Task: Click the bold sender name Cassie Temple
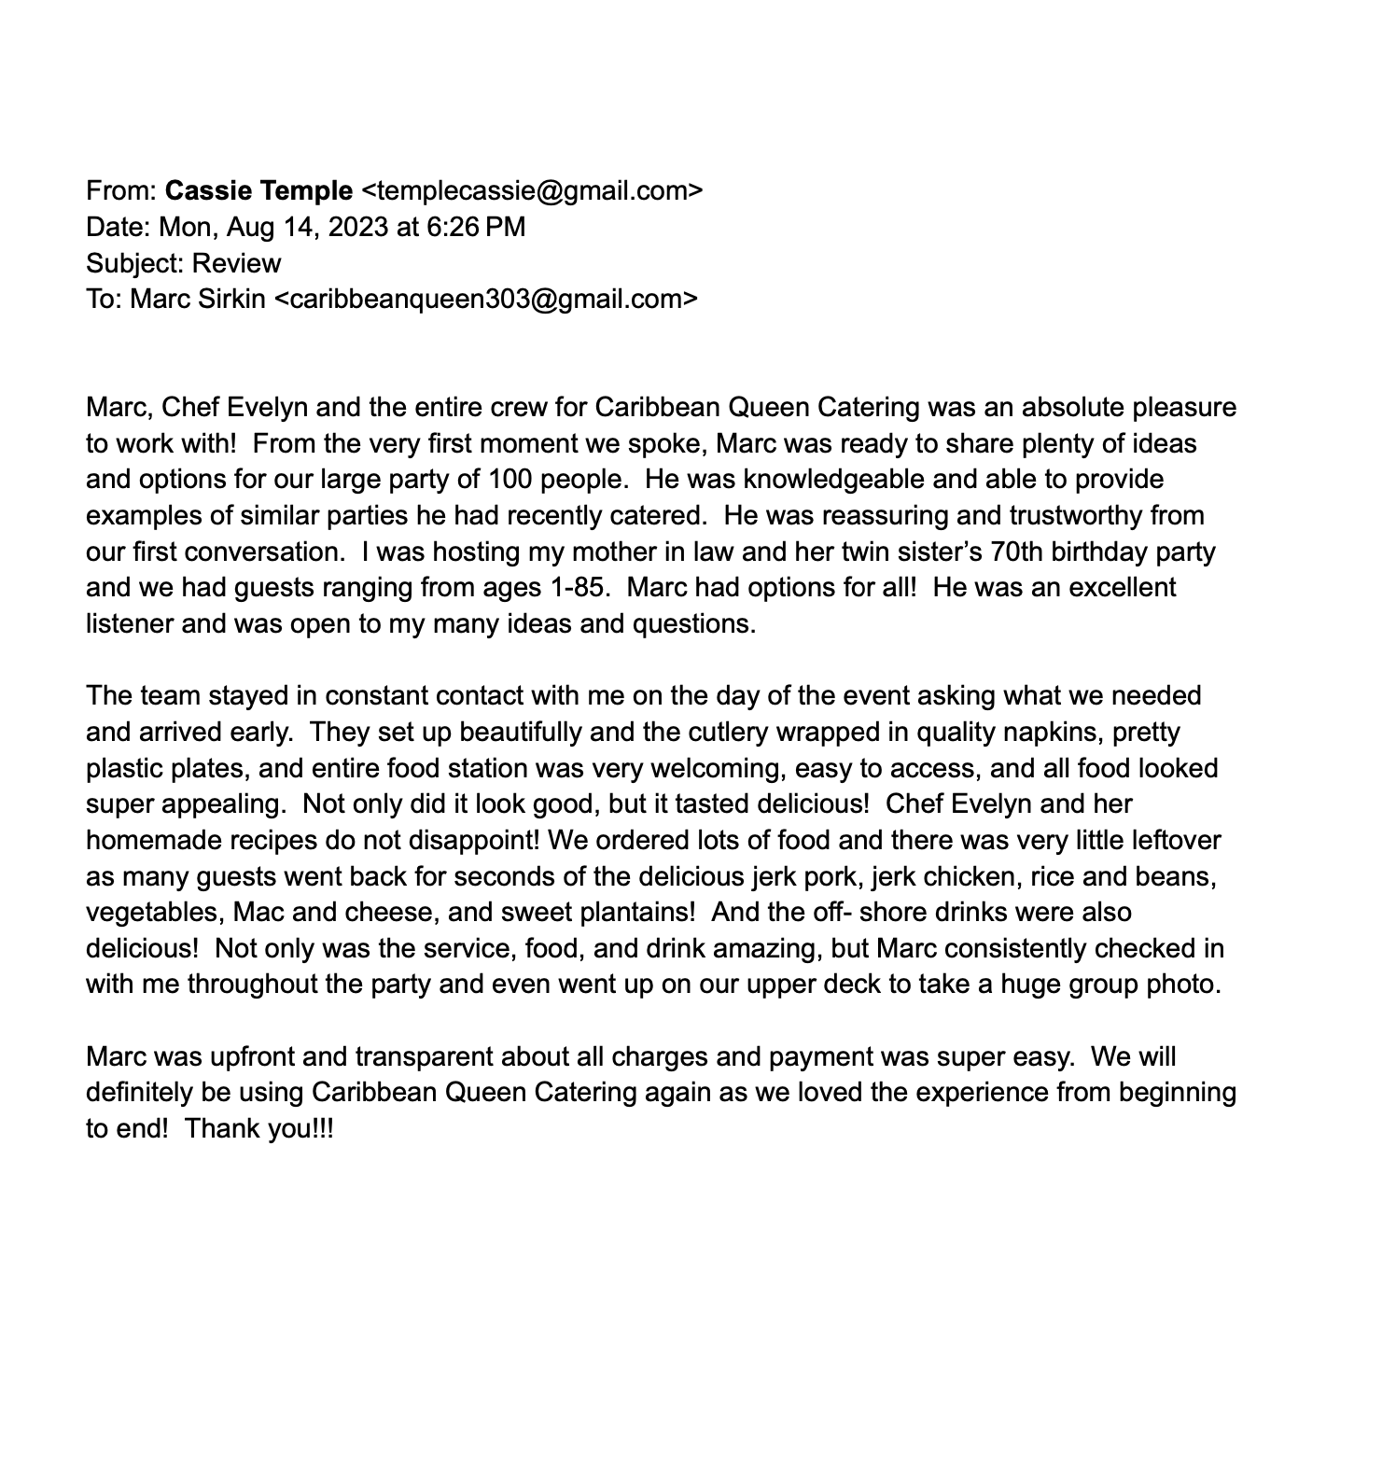(258, 191)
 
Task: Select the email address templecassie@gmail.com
(531, 191)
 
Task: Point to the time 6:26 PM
(475, 227)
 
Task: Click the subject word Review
(236, 263)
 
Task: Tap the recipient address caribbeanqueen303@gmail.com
(486, 300)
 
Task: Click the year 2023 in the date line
(358, 227)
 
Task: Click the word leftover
(1176, 840)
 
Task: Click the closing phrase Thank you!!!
(259, 1129)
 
